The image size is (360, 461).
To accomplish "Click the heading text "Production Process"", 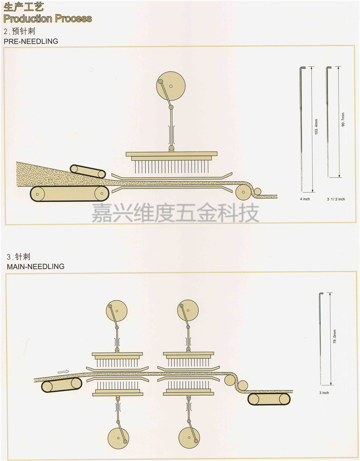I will coord(47,19).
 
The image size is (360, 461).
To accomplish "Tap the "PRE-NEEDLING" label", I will coord(31,41).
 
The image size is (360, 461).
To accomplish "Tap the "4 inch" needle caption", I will coord(304,199).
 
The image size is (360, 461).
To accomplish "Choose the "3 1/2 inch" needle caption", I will coord(336,199).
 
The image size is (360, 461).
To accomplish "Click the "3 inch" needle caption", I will coord(324,393).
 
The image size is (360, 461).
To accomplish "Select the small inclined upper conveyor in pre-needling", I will coord(88,171).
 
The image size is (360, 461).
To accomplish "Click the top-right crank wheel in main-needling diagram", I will coord(188,311).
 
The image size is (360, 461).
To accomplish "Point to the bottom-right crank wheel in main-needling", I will coord(189,437).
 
